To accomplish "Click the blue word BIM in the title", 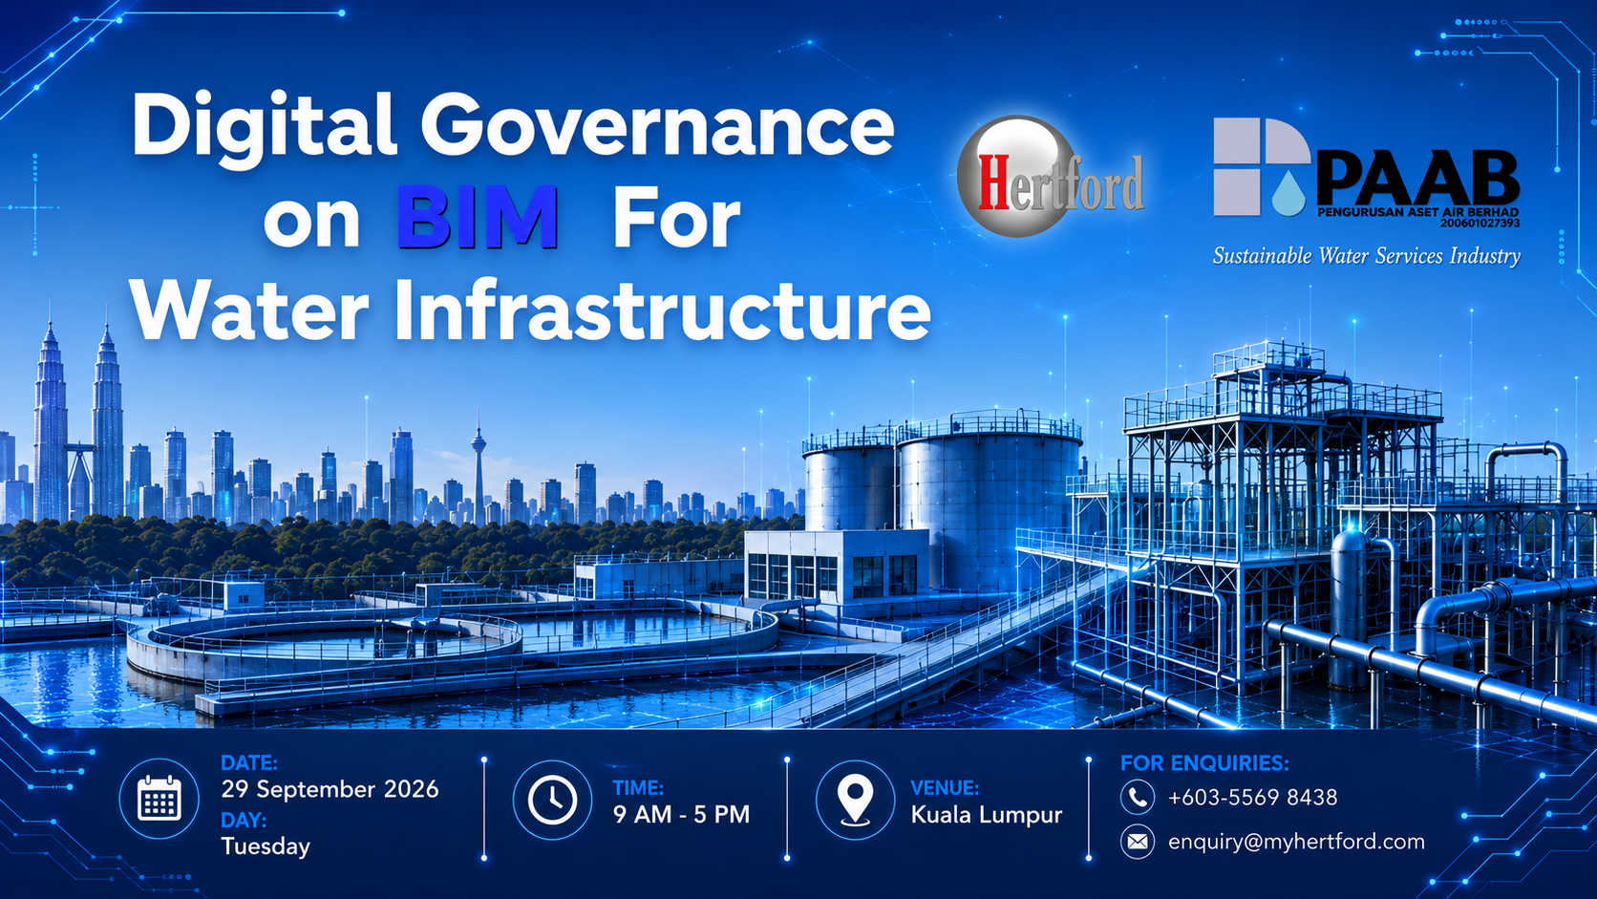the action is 478,217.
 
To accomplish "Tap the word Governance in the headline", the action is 657,126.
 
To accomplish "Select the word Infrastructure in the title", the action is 662,310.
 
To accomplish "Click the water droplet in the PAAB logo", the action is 1289,194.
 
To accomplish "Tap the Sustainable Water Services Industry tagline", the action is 1367,255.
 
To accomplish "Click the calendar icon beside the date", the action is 159,799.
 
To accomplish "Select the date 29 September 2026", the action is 330,789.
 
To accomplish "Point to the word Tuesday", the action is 266,846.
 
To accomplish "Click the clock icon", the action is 552,800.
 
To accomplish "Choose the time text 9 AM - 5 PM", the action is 681,814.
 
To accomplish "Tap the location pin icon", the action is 855,800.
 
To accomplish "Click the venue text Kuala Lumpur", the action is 987,815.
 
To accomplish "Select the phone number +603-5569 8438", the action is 1252,797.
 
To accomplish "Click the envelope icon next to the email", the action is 1138,842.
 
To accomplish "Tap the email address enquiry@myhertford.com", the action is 1296,842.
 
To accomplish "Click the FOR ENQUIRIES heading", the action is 1204,762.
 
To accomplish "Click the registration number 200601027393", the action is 1480,224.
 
